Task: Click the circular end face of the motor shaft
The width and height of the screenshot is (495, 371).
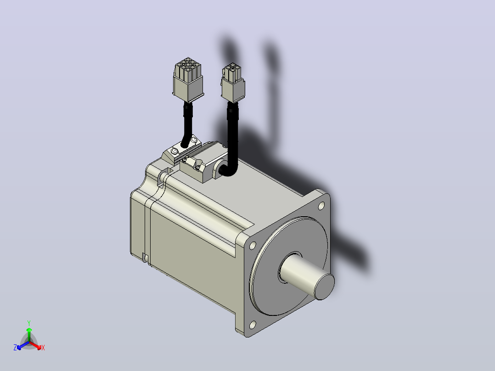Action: pyautogui.click(x=325, y=287)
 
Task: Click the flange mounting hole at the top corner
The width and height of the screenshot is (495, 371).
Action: pyautogui.click(x=321, y=206)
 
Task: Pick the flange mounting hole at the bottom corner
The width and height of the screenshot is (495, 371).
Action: pyautogui.click(x=253, y=325)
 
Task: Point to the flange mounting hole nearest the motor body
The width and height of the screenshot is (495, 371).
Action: pyautogui.click(x=253, y=245)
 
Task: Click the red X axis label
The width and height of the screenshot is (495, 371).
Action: pyautogui.click(x=43, y=348)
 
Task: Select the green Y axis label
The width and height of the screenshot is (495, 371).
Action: pyautogui.click(x=29, y=323)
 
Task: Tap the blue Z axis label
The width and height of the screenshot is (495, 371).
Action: pyautogui.click(x=15, y=347)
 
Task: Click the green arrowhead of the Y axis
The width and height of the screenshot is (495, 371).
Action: pyautogui.click(x=29, y=330)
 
